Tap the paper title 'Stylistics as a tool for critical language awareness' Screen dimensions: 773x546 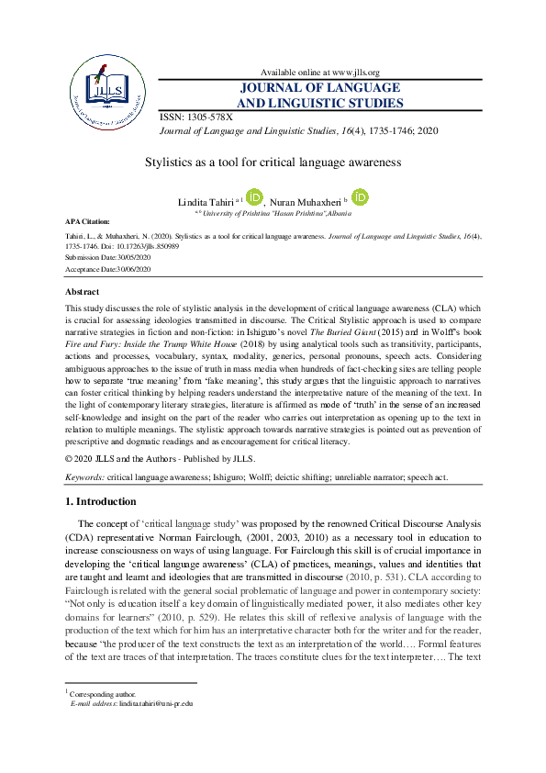[x=273, y=162]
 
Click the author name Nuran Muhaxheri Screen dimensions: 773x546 [x=306, y=200]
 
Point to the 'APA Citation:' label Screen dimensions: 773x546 [x=87, y=222]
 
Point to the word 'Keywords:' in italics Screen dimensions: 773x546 [x=85, y=477]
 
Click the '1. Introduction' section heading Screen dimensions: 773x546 [x=101, y=502]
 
